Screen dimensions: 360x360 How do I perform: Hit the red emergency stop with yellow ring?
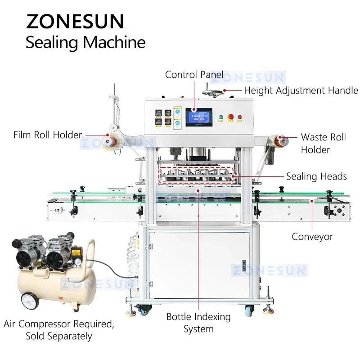[x=230, y=117]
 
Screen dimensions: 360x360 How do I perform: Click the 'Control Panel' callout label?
[x=194, y=75]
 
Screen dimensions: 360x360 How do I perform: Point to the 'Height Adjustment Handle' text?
[x=301, y=90]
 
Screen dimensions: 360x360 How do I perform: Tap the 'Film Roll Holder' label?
[x=48, y=135]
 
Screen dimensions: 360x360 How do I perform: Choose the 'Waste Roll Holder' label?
[x=323, y=143]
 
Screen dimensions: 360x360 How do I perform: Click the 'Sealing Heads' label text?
[x=316, y=176]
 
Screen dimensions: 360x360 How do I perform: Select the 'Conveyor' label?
[x=312, y=236]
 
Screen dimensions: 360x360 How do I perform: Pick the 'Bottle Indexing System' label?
[x=198, y=323]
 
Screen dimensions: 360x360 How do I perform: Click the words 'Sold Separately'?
[x=59, y=336]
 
